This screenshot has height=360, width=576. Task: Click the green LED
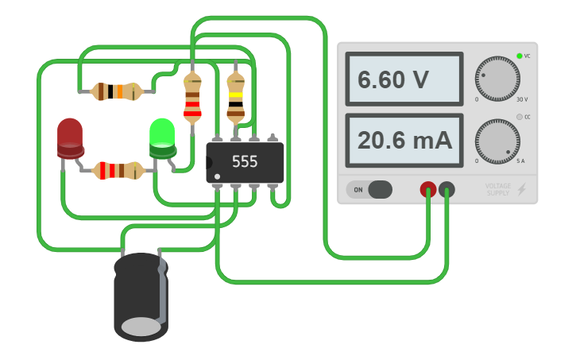[x=162, y=137]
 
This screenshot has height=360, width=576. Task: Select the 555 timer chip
[x=245, y=161]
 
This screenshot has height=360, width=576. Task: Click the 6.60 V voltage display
[x=404, y=79]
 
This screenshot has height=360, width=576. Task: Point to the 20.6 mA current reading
[x=404, y=141]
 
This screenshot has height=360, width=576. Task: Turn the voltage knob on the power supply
[x=497, y=79]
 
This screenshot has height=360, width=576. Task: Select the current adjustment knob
[x=497, y=141]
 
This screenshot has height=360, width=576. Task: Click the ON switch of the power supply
[x=369, y=190]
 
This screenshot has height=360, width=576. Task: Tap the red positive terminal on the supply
[x=428, y=189]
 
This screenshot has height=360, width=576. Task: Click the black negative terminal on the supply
[x=447, y=189]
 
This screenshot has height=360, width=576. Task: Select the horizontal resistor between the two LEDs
[x=118, y=170]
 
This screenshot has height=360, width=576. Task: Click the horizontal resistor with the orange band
[x=117, y=91]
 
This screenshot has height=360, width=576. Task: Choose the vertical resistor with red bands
[x=192, y=99]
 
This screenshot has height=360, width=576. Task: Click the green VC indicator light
[x=520, y=56]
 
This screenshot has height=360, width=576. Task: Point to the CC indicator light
[x=520, y=117]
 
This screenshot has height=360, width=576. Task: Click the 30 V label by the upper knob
[x=522, y=99]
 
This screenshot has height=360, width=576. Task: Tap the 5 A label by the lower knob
[x=520, y=161]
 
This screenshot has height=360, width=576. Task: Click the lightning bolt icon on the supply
[x=522, y=189]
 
